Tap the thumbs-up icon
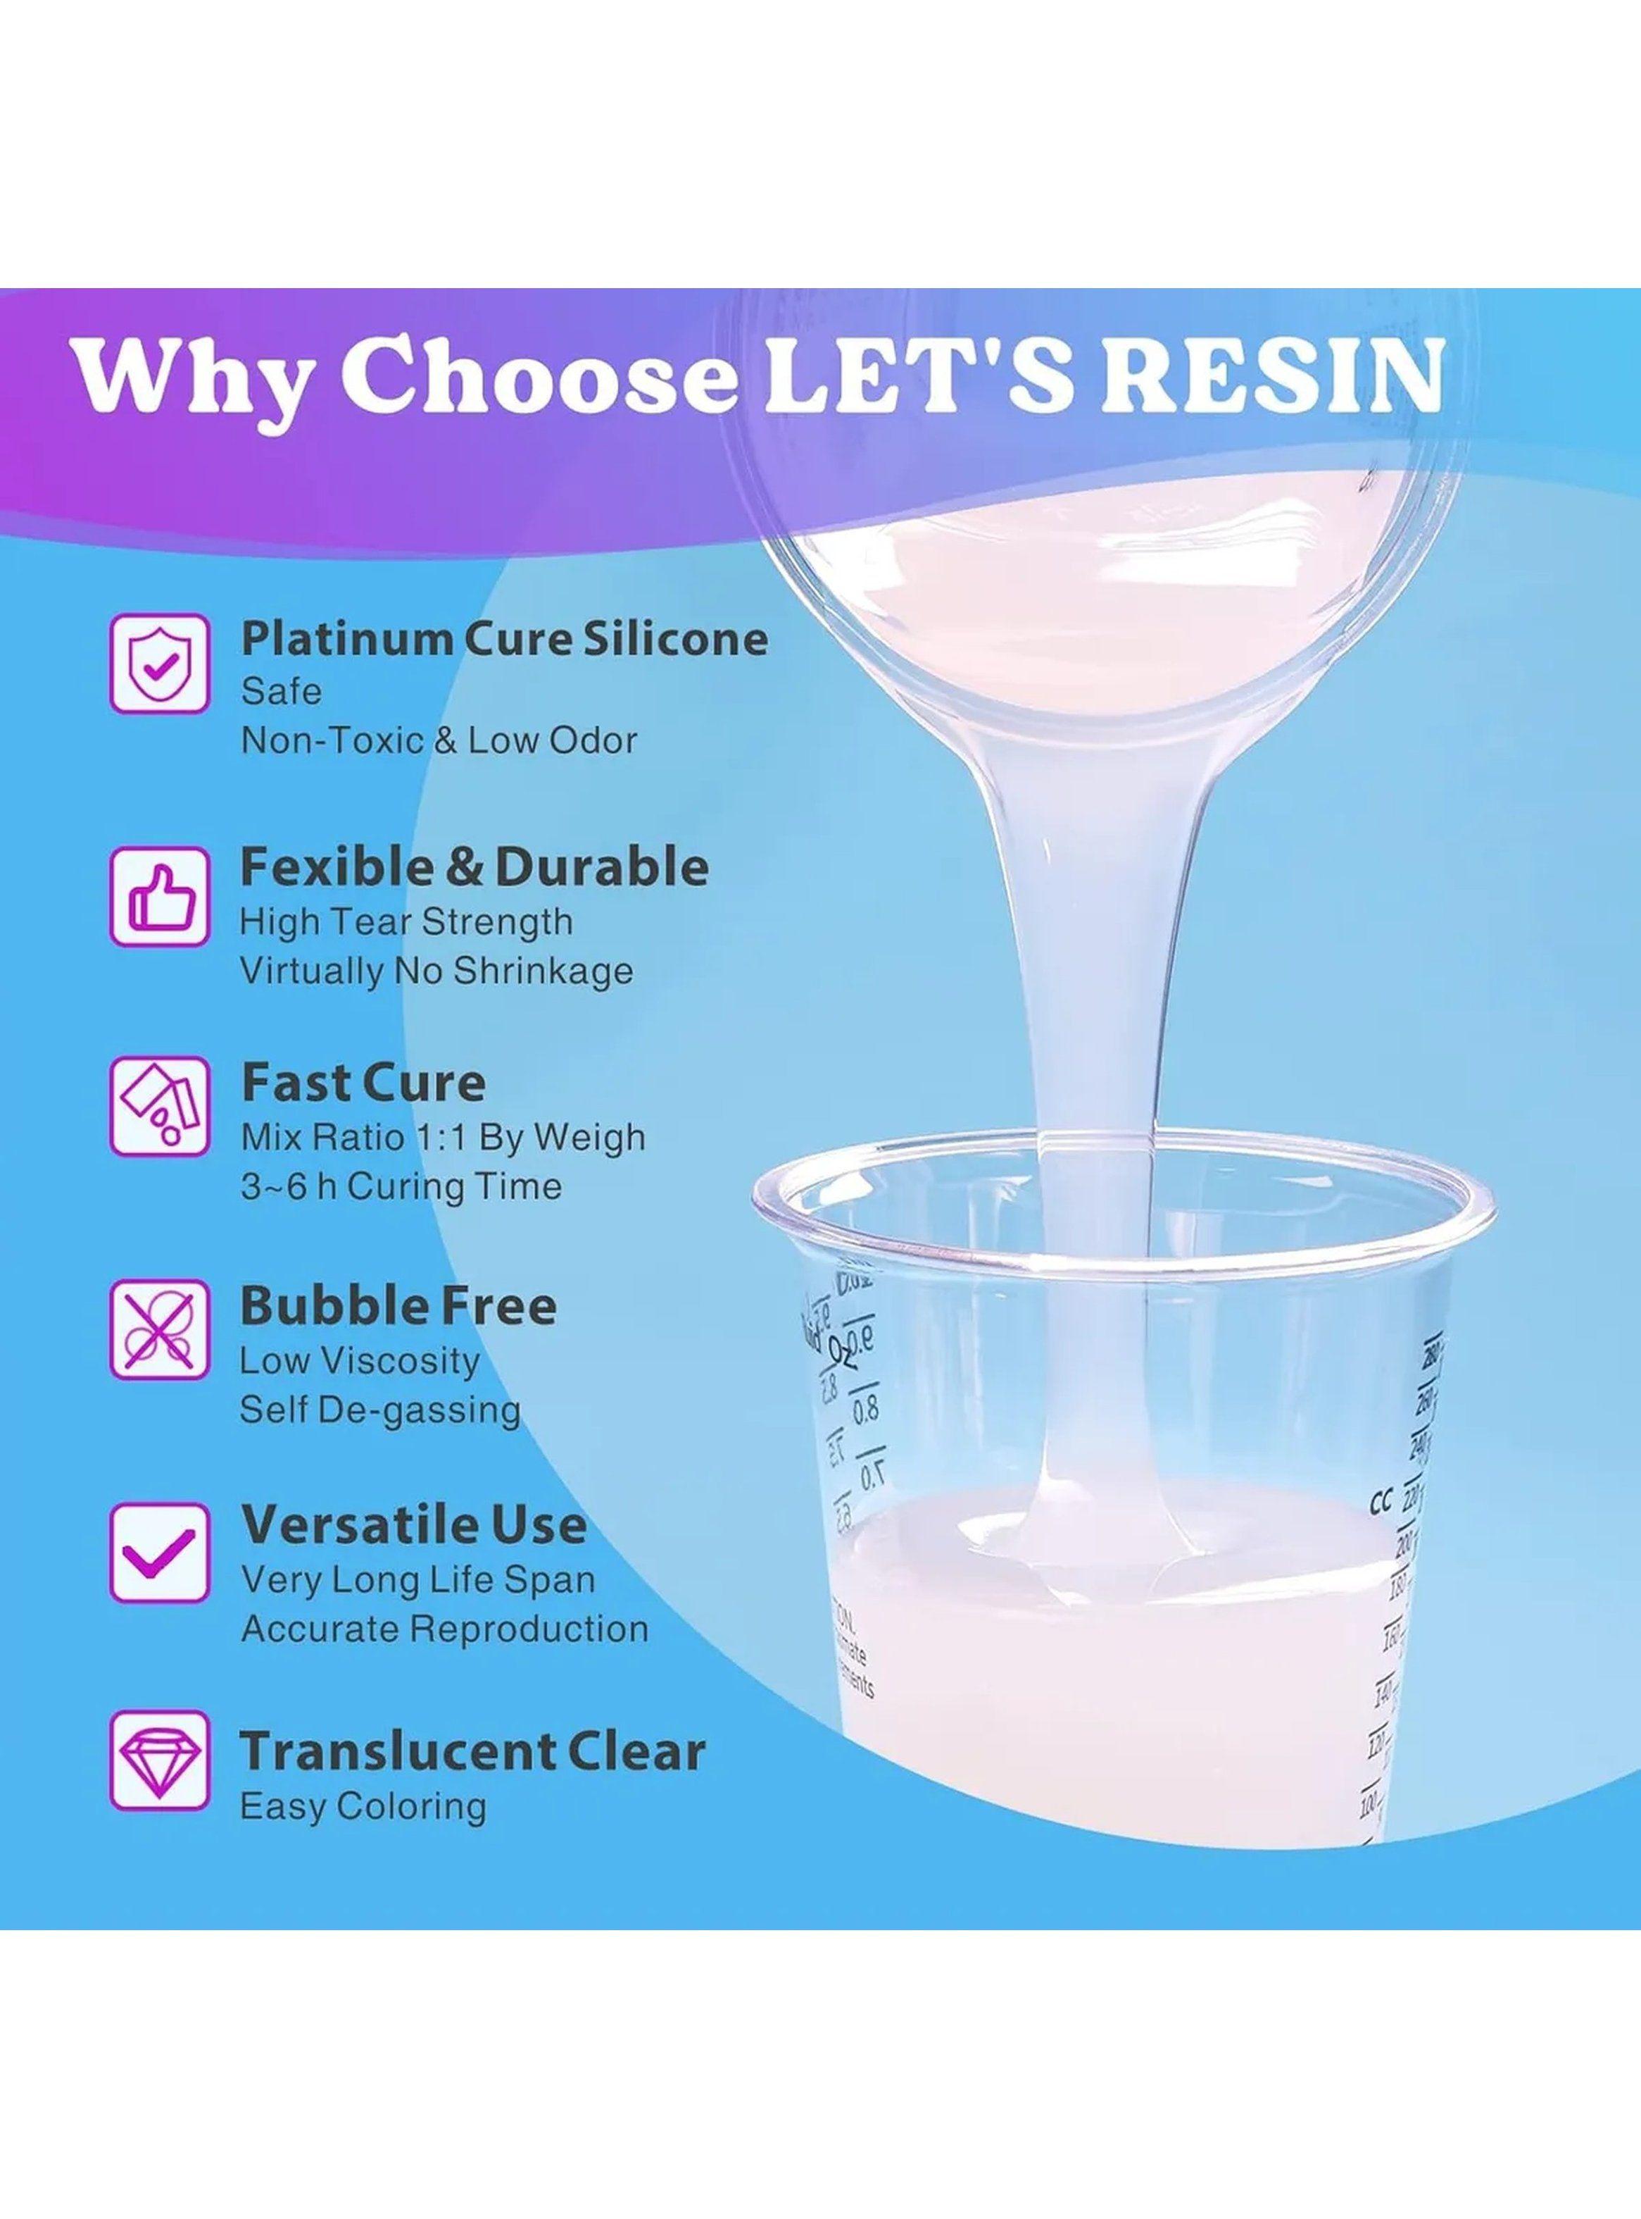159,895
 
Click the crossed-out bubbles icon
159,1329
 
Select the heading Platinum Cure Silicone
505,639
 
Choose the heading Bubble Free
398,1307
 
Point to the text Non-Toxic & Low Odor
438,740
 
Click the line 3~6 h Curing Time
401,1186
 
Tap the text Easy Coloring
363,1805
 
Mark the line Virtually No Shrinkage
436,971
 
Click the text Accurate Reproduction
445,1629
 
